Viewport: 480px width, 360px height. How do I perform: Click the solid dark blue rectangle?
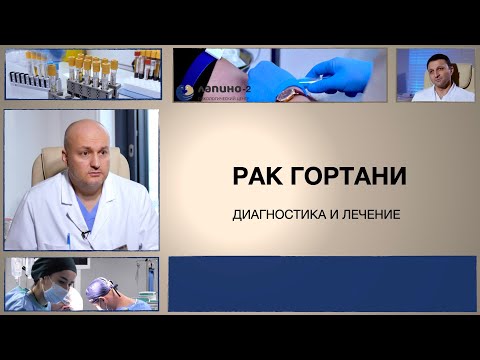tap(320, 282)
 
